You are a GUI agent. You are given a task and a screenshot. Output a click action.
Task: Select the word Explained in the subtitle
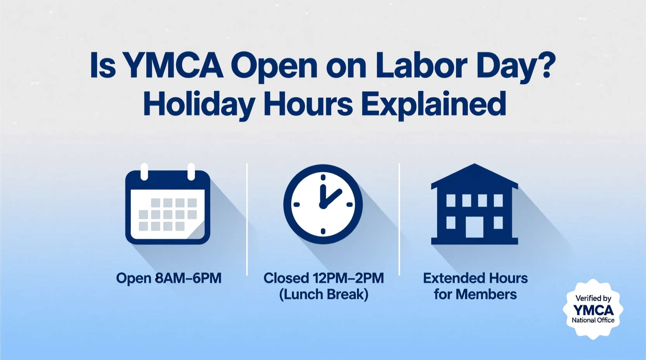point(434,104)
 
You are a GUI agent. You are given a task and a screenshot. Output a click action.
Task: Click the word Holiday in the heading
point(199,104)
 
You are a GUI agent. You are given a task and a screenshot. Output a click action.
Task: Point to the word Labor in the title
point(421,65)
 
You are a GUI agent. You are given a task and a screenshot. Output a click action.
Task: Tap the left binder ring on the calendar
point(144,171)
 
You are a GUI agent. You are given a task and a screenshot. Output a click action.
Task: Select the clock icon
point(323,204)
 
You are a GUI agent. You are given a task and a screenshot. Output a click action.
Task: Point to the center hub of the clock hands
point(322,205)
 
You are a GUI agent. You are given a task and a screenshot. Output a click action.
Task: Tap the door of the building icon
point(474,227)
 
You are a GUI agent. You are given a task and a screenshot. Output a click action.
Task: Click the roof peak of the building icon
point(474,166)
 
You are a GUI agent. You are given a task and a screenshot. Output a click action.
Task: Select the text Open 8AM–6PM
point(169,278)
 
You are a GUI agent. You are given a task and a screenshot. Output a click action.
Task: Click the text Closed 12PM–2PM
point(323,278)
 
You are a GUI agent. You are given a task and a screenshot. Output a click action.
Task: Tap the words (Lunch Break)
point(323,294)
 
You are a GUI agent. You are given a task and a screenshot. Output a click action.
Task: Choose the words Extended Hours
point(475,278)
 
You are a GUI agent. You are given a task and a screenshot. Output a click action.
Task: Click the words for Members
point(475,294)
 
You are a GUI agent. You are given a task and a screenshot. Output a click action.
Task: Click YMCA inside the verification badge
point(593,310)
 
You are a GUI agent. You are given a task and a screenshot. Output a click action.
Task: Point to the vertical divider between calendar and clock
point(247,219)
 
